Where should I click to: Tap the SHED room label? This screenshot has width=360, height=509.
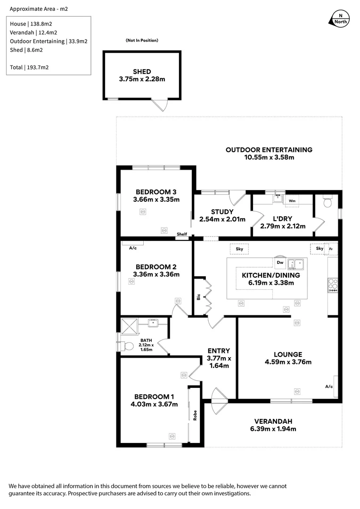142,72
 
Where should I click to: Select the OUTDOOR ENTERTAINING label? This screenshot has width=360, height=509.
269,150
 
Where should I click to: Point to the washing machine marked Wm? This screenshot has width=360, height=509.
291,200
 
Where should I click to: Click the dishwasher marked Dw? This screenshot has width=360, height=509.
280,262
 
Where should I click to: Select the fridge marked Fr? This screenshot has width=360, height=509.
331,248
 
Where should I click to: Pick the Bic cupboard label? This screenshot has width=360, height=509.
198,297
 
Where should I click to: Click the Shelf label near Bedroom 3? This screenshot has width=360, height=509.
182,234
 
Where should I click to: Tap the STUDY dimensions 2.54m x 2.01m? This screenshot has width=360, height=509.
222,219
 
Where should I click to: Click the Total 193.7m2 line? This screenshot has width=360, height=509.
29,67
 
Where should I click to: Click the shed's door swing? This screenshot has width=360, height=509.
162,106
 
